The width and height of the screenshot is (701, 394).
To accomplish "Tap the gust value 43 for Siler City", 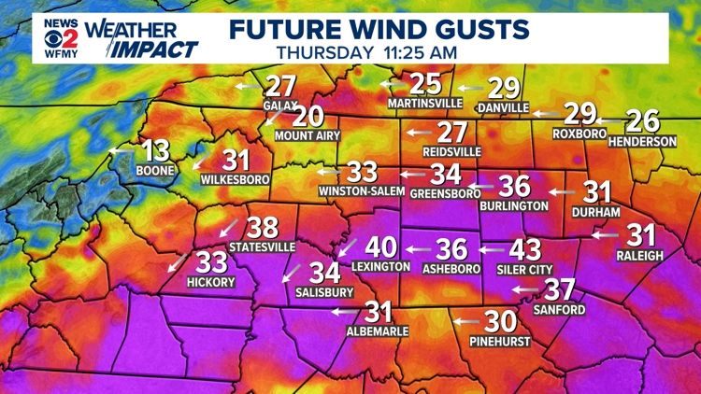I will tap(524, 249).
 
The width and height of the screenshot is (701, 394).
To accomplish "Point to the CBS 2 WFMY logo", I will tap(60, 36).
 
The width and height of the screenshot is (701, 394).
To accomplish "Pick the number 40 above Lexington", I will tap(380, 247).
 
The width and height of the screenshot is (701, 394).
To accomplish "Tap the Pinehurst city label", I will tap(500, 341).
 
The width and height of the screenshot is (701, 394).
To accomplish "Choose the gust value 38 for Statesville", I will tap(263, 227).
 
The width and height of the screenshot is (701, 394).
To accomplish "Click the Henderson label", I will tap(642, 141).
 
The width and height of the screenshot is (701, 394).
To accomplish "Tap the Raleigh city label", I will tap(639, 254).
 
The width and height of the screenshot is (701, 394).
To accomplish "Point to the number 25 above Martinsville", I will tap(425, 83).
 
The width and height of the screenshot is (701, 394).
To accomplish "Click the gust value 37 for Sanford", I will tap(559, 289).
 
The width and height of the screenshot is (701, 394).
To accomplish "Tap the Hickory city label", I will tap(210, 282).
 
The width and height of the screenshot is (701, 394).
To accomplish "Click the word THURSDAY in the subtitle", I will tap(323, 52).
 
